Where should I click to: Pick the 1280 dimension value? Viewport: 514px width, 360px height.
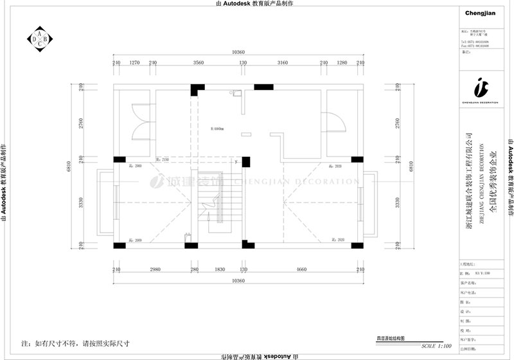(x=341, y=63)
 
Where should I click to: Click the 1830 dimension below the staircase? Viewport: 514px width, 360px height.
(x=219, y=271)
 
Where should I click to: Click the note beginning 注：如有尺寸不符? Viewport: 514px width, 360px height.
(x=76, y=343)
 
